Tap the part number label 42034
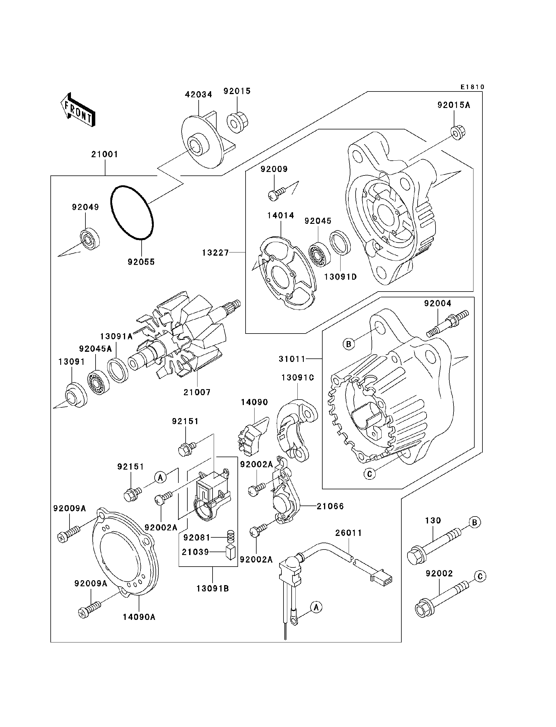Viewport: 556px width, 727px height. pos(198,95)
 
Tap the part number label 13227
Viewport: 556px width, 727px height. pos(215,253)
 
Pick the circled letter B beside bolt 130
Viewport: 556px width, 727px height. pos(474,522)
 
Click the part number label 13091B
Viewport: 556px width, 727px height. pos(213,588)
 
